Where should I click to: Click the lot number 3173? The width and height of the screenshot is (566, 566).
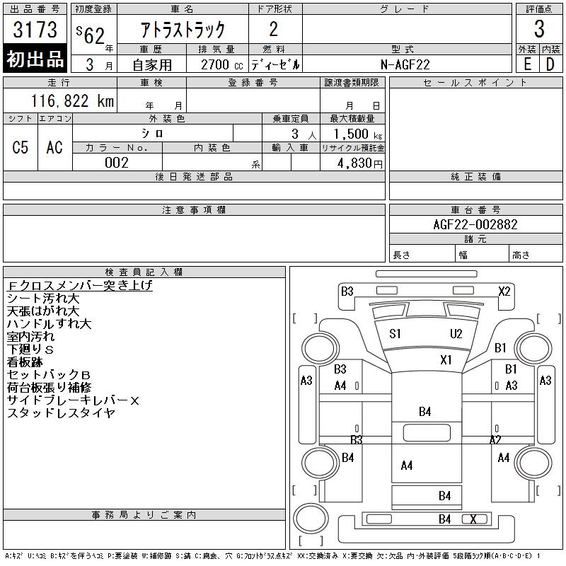(35, 30)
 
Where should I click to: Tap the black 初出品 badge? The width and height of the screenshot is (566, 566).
(35, 59)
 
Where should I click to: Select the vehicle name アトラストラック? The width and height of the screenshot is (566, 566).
(183, 29)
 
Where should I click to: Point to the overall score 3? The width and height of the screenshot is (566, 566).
(539, 29)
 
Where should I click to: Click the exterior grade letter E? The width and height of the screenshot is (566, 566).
(527, 64)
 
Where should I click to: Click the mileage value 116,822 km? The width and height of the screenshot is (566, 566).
(73, 100)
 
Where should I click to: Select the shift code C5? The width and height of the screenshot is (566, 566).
(21, 147)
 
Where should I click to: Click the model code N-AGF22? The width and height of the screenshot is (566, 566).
(406, 64)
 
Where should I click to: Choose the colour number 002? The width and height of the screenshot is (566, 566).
(117, 163)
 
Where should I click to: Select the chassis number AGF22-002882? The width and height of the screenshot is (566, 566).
(475, 224)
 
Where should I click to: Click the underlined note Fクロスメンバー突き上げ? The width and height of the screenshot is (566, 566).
(79, 286)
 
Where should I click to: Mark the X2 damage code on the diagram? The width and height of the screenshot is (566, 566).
(504, 291)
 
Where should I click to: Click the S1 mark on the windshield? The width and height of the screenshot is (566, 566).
(395, 333)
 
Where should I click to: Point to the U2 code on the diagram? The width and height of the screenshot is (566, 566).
(456, 333)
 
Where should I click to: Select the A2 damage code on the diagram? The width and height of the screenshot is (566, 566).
(496, 439)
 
